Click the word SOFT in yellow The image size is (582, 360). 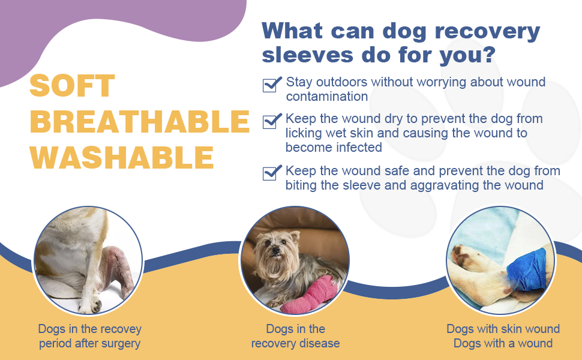tap(72, 85)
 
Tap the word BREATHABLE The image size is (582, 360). tap(140, 121)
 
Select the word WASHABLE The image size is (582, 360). tap(122, 157)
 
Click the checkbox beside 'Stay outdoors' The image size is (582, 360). tap(272, 84)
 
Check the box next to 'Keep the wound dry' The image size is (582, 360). tap(272, 121)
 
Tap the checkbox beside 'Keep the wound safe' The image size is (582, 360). tap(272, 173)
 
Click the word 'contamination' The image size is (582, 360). tap(326, 97)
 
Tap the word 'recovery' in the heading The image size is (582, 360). tap(487, 32)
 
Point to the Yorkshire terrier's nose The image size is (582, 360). tap(275, 250)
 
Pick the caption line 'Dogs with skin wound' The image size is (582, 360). tap(503, 329)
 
